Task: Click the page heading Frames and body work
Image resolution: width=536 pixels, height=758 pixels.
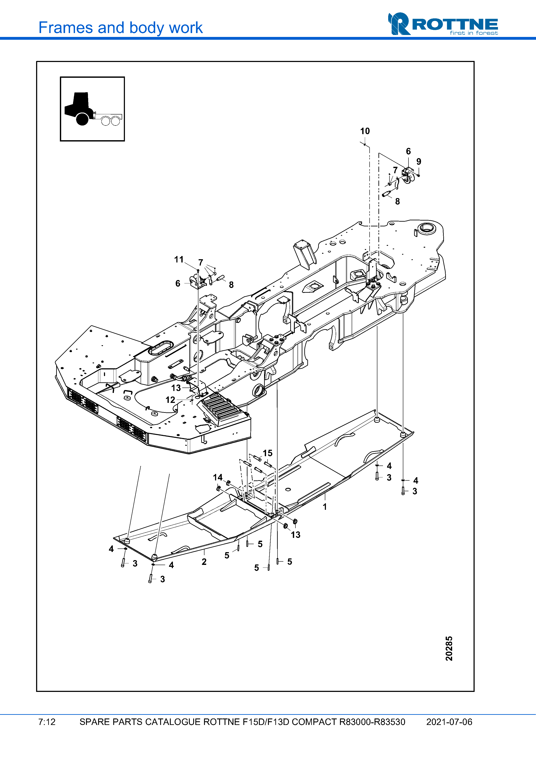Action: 121,28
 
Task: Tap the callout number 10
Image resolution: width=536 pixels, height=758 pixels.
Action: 365,131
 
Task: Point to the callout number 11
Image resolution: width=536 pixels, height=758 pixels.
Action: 179,259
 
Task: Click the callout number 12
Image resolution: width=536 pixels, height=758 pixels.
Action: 170,400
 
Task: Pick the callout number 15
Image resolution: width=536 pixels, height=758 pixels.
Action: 268,453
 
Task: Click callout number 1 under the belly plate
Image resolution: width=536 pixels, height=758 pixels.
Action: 325,507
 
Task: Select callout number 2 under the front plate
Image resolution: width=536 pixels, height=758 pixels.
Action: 204,562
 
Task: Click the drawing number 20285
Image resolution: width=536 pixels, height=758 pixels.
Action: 449,648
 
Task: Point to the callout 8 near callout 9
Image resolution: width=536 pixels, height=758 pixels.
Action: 397,201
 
